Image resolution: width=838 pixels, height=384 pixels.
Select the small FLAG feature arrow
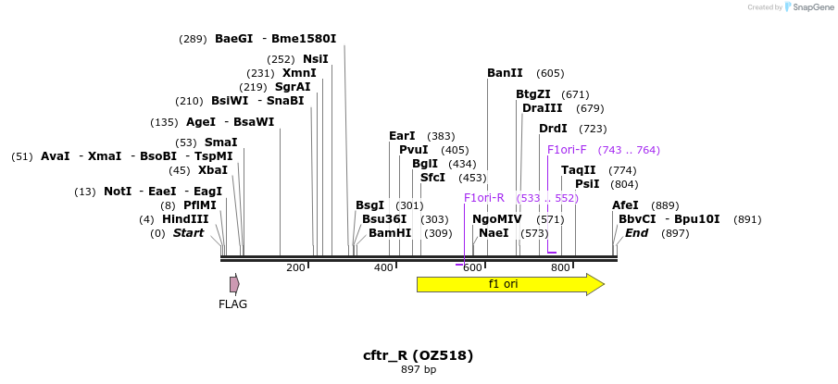tap(235, 284)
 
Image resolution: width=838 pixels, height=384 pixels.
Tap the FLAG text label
tap(232, 303)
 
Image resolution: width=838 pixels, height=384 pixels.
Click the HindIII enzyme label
tap(185, 219)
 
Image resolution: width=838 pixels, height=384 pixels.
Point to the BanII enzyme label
tap(505, 73)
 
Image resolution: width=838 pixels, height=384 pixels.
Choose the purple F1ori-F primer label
tap(567, 150)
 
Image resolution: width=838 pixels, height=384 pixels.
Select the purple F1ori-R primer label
tap(483, 197)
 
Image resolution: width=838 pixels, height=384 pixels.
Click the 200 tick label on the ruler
tap(295, 267)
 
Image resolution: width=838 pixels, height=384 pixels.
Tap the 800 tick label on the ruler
tap(560, 267)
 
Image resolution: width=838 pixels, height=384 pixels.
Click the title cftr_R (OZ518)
tap(419, 355)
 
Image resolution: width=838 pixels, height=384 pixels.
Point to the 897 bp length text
tap(419, 370)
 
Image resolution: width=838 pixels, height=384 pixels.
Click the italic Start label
tap(188, 233)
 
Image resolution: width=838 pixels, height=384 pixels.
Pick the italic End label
tap(636, 233)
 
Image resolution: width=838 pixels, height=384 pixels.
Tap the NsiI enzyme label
tap(315, 59)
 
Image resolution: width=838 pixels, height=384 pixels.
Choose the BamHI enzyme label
tap(390, 233)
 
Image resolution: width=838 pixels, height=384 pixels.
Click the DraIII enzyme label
tap(541, 108)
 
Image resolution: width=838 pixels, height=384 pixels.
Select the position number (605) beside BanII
tap(550, 73)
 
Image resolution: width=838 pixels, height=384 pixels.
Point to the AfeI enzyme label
tap(625, 205)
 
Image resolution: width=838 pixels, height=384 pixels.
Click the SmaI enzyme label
tap(220, 142)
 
